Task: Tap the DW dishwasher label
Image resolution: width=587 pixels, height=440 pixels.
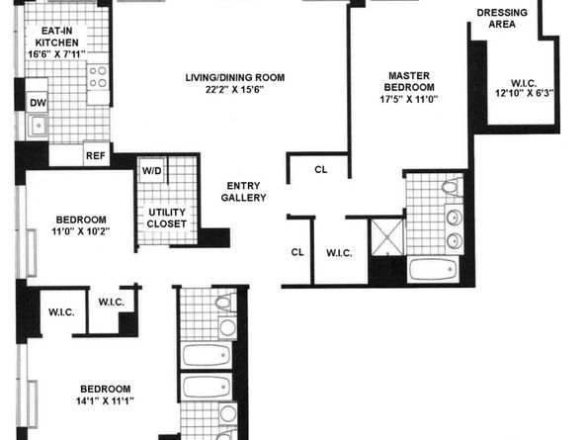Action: pyautogui.click(x=38, y=102)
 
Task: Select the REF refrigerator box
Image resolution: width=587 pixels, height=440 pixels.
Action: pyautogui.click(x=96, y=154)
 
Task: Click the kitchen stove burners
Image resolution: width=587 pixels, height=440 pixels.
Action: pyautogui.click(x=99, y=75)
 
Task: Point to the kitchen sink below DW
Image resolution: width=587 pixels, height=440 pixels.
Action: pyautogui.click(x=39, y=126)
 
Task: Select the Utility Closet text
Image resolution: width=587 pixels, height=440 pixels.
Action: pyautogui.click(x=167, y=219)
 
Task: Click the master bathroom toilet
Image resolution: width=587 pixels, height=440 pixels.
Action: pyautogui.click(x=450, y=186)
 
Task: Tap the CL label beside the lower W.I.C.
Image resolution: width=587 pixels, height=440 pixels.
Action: pyautogui.click(x=297, y=252)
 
